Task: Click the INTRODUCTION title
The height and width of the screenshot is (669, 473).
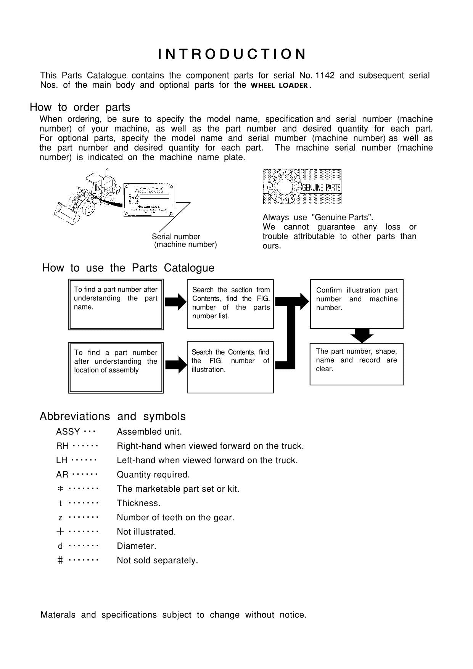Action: pyautogui.click(x=232, y=54)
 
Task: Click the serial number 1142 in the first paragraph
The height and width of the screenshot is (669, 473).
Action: pyautogui.click(x=325, y=75)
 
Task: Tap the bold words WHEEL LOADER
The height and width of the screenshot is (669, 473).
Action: pyautogui.click(x=279, y=85)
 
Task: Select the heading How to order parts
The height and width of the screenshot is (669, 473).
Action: pyautogui.click(x=80, y=107)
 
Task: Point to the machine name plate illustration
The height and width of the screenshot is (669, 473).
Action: pyautogui.click(x=149, y=201)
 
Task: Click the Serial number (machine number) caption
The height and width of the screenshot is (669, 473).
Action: pyautogui.click(x=185, y=241)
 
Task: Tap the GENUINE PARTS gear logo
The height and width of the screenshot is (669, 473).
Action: pyautogui.click(x=302, y=187)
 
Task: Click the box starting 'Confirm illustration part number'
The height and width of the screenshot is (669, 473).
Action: pyautogui.click(x=357, y=304)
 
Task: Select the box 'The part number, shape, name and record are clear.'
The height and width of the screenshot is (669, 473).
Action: pyautogui.click(x=356, y=364)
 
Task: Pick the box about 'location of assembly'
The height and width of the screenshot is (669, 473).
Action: pyautogui.click(x=116, y=367)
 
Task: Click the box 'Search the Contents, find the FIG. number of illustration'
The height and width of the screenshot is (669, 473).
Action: pyautogui.click(x=230, y=367)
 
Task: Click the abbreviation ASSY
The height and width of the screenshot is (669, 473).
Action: pyautogui.click(x=68, y=432)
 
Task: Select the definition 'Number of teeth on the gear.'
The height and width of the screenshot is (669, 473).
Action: pyautogui.click(x=175, y=517)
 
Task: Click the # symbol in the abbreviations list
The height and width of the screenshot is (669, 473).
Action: pyautogui.click(x=60, y=560)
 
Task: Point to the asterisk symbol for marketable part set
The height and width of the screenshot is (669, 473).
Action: pyautogui.click(x=60, y=489)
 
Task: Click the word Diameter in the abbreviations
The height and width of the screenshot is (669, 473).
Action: pyautogui.click(x=136, y=546)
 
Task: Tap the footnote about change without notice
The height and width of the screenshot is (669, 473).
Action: pyautogui.click(x=174, y=614)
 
